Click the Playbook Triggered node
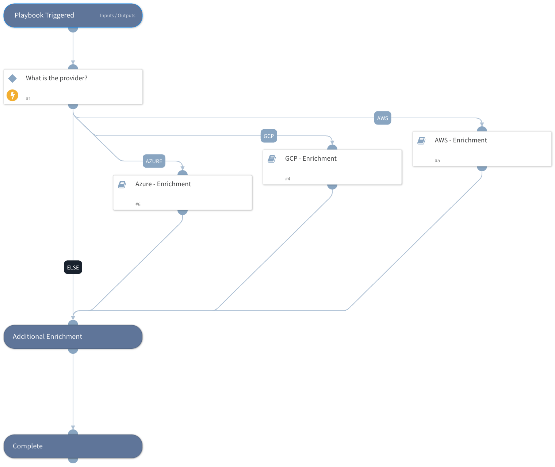(45, 15)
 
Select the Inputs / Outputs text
(118, 16)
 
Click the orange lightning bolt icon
(12, 95)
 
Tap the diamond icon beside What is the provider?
(12, 79)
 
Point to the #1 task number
(28, 99)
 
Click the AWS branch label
(382, 118)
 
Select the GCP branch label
(269, 136)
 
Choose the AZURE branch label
(154, 161)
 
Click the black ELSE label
(73, 268)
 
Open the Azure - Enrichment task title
(163, 184)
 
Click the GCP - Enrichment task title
(311, 159)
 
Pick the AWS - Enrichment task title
(460, 141)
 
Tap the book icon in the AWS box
(421, 141)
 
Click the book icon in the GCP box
(272, 159)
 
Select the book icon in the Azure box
(122, 184)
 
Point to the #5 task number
(437, 161)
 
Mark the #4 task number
(288, 179)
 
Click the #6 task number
(138, 204)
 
